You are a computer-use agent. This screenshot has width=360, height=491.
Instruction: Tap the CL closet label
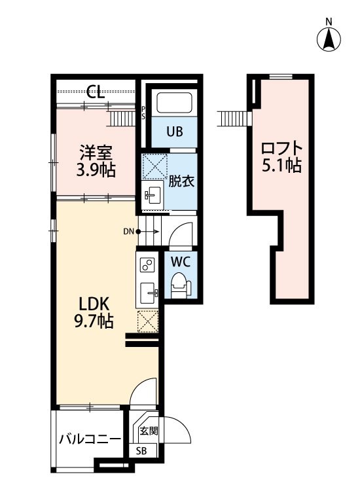click(96, 92)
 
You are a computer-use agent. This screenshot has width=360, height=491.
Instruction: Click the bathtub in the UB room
click(174, 103)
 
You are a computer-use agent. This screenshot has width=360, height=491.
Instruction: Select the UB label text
click(175, 132)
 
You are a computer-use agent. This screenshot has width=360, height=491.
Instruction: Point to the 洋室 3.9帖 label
click(96, 161)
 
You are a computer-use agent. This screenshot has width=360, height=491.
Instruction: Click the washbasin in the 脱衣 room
click(153, 195)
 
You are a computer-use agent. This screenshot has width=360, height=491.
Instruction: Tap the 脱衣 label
click(181, 181)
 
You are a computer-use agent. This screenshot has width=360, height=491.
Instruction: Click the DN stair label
click(128, 232)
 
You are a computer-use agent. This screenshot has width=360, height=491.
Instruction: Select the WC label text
click(181, 262)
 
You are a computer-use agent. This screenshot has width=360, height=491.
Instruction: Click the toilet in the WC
click(181, 284)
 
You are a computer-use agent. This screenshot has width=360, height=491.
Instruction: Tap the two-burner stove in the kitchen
click(147, 264)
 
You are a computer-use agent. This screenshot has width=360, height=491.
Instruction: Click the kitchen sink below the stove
click(149, 293)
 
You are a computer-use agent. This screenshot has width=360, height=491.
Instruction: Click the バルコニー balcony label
click(90, 439)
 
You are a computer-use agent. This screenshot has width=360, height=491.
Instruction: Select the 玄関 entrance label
click(149, 431)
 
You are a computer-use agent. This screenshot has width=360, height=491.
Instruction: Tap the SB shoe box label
click(141, 451)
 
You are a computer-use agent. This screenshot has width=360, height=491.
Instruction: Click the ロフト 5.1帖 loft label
click(281, 157)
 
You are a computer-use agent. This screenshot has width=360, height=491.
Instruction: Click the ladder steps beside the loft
click(234, 118)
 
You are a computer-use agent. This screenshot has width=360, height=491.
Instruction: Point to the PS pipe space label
click(143, 113)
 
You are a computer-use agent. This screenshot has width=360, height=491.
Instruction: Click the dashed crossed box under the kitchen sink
click(148, 321)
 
